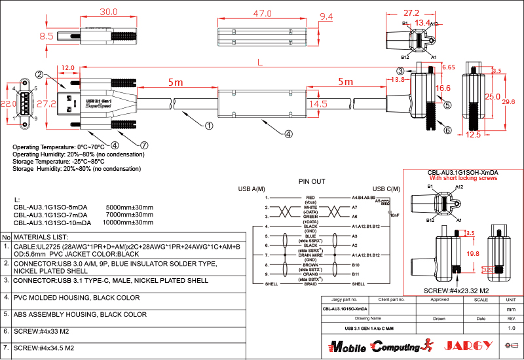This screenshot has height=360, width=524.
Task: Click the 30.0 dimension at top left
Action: point(108,12)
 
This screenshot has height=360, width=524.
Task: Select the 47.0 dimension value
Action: point(262,13)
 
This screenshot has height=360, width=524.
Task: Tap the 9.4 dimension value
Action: point(326,17)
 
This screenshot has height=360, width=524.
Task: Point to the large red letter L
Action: point(260,62)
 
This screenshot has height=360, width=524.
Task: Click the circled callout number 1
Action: point(209,125)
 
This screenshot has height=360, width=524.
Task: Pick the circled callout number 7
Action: point(144,145)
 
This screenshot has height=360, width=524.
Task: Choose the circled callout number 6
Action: point(447,130)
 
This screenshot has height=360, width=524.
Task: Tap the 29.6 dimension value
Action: point(508,102)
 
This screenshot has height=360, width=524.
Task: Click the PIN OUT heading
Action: point(312,181)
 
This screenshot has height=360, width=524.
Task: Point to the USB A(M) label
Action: point(251,190)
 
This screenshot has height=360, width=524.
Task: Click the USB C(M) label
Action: point(386,190)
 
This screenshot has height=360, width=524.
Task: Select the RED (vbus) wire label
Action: point(310,198)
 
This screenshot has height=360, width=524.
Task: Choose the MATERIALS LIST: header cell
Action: point(41,236)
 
